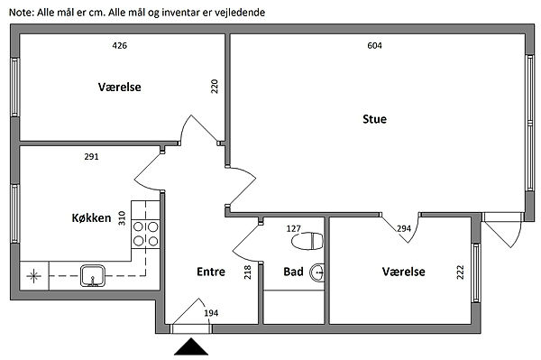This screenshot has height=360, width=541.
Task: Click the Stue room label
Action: pos(374,119)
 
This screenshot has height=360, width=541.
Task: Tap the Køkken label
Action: pos(91,217)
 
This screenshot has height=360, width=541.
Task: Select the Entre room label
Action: pos(211,272)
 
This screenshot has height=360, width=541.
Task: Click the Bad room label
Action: pos(293,272)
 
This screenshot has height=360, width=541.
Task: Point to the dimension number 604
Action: pos(375,45)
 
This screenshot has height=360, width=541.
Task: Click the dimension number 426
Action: pos(119,45)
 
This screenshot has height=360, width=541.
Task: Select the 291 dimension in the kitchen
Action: pos(91,157)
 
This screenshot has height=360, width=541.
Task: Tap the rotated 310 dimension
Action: pos(122,218)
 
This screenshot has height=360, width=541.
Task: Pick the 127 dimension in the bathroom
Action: pos(294,228)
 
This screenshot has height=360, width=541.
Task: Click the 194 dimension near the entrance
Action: pos(211,313)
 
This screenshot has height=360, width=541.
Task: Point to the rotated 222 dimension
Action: pos(460,272)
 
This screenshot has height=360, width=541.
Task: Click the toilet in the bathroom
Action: pos(307,241)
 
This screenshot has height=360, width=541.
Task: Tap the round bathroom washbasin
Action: pos(317,272)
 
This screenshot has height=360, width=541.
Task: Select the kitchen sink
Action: pos(93,275)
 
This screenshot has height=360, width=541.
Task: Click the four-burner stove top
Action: pos(145,234)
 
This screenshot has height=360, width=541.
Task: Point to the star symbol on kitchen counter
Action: pos(34,276)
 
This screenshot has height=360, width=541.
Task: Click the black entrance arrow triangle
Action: pos(191,346)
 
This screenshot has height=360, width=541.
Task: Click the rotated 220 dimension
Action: pos(215,87)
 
